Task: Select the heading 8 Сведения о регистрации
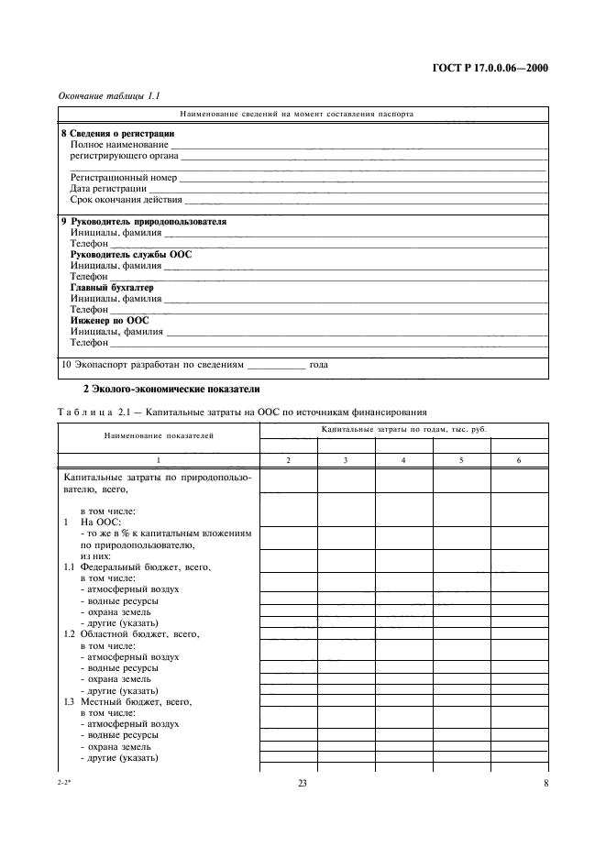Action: coord(117,133)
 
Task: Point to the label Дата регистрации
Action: coord(108,188)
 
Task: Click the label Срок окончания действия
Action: coord(127,199)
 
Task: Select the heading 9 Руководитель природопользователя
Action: coord(143,222)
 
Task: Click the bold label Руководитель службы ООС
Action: coord(131,255)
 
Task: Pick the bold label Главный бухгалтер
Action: coord(112,288)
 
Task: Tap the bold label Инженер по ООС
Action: coord(110,321)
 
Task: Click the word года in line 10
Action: coord(318,364)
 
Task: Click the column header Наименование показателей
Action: coord(159,435)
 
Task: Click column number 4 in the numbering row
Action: coord(403,460)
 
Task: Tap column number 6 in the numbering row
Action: coord(519,460)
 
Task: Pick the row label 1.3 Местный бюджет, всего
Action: coord(128,701)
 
